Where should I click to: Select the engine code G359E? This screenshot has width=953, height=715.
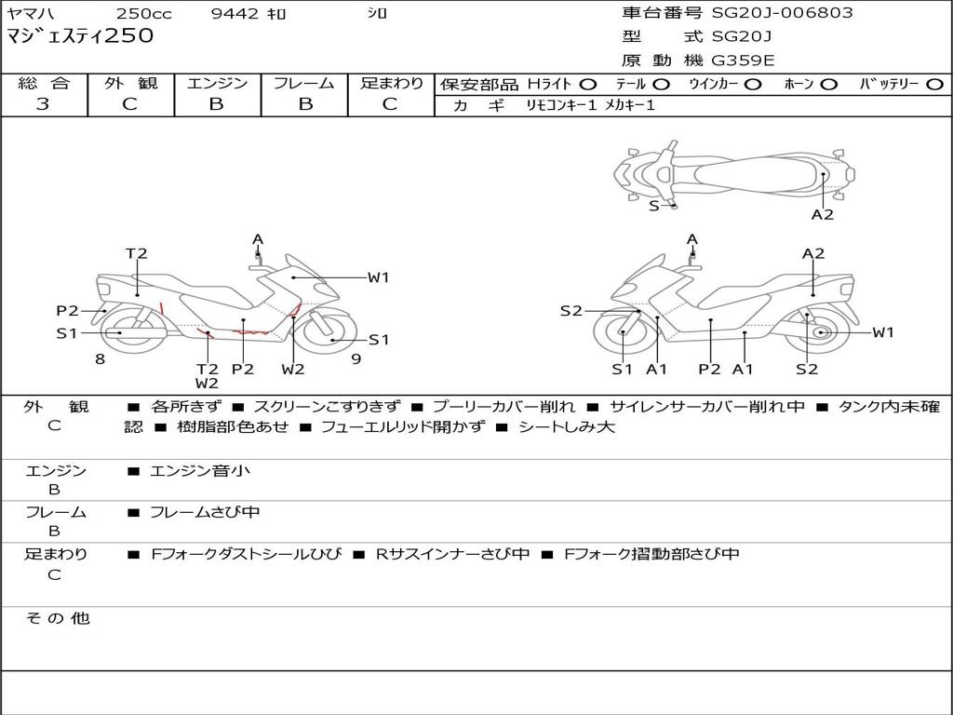pos(743,61)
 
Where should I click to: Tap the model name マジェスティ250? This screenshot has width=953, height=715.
pos(80,36)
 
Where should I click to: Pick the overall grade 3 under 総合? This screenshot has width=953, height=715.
pos(43,103)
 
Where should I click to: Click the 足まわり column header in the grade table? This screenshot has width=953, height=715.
pos(391,83)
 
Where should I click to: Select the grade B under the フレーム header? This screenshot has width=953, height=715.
pos(304,103)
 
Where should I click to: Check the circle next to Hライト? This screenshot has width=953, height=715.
pos(588,84)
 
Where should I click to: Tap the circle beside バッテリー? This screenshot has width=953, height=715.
pos(934,84)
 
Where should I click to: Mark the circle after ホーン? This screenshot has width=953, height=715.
pos(828,84)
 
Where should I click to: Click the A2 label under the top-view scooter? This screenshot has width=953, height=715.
pos(822,214)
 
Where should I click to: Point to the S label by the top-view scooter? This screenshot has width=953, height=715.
pos(654,206)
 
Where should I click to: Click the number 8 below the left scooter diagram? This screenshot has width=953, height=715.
pos(100,358)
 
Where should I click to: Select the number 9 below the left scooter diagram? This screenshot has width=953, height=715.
pos(356,358)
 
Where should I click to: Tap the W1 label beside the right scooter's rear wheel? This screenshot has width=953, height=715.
pos(882,332)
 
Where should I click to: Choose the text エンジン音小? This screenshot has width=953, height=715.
pos(200,470)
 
